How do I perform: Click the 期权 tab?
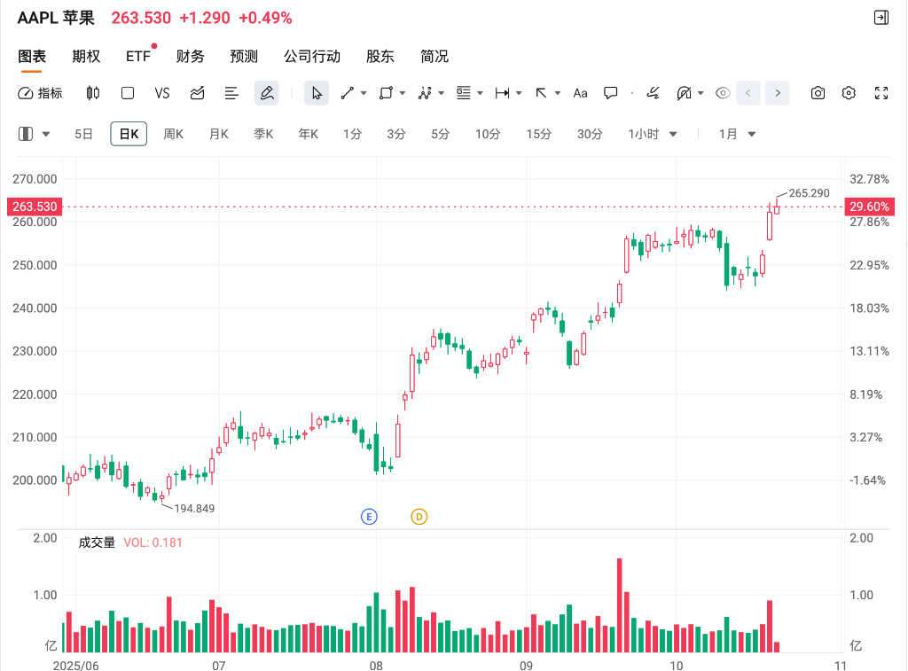[86, 57]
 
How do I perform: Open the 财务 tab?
[190, 57]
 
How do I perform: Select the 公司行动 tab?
[311, 57]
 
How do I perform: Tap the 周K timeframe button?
[173, 134]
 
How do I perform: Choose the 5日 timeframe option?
[83, 134]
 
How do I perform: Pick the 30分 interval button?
[589, 134]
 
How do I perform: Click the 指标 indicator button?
[41, 93]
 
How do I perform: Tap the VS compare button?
[161, 93]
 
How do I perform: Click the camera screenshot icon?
[818, 93]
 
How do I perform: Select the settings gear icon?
[849, 93]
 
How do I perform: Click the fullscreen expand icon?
[881, 93]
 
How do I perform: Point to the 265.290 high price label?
[809, 192]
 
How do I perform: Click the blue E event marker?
[369, 516]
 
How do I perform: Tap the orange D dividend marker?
[419, 516]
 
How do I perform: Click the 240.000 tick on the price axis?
[35, 308]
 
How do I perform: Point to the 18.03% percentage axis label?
[869, 308]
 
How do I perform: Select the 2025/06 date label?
[76, 664]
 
